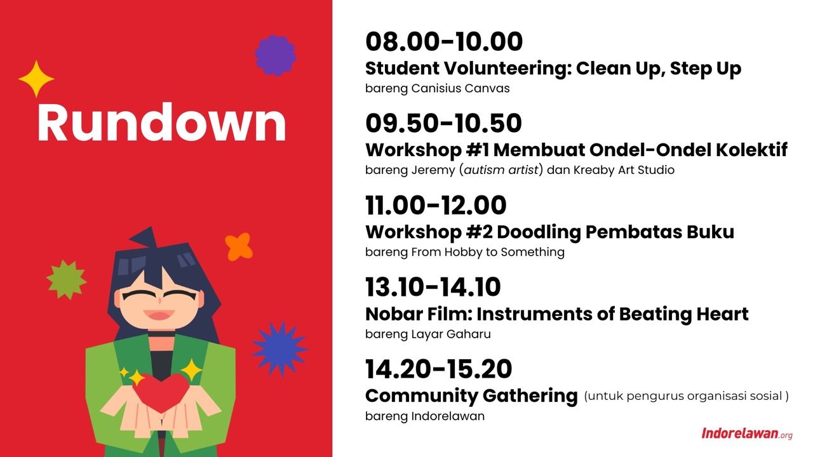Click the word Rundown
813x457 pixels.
161,122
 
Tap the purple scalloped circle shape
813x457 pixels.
276,55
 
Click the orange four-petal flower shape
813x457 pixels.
238,247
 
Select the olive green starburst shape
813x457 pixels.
67,279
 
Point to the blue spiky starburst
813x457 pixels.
280,349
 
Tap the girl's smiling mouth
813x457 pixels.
159,314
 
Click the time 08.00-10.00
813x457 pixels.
444,41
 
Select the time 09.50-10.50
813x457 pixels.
443,123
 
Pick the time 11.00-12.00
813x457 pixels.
436,205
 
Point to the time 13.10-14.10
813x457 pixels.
433,288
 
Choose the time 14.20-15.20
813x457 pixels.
438,369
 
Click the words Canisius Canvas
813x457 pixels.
460,88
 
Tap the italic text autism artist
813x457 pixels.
501,169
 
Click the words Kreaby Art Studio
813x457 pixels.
624,169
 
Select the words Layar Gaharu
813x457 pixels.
451,334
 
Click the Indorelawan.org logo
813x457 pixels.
747,434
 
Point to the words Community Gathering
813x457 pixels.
471,396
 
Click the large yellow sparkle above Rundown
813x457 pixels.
36,79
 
